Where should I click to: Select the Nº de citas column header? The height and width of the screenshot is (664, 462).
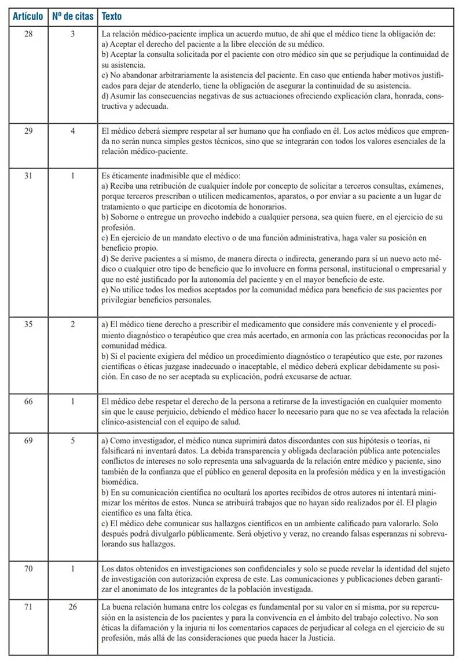coord(72,17)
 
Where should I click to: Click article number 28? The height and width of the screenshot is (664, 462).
coord(28,35)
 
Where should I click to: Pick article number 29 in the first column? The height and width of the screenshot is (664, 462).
coord(28,131)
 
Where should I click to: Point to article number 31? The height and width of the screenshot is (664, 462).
coord(28,176)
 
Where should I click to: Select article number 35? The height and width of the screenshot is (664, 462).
coord(28,325)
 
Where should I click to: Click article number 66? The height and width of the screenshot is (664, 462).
coord(28,401)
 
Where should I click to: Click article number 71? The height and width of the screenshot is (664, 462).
coord(28,607)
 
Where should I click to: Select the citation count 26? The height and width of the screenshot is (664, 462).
coord(73,607)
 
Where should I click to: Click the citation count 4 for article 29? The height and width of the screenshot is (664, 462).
coord(73,131)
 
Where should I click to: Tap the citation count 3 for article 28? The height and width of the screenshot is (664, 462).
coord(73,35)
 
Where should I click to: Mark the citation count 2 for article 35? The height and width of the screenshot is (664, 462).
coord(73,325)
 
